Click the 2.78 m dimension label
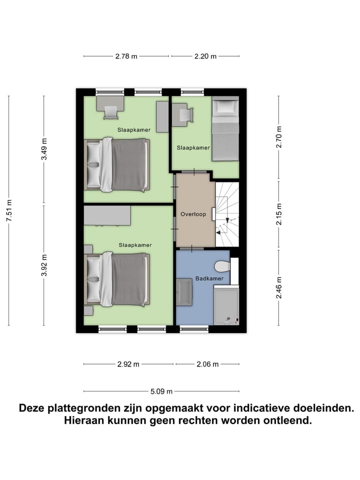pos(126,56)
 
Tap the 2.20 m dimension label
pos(205,56)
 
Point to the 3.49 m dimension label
pos(44,149)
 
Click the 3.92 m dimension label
pos(44,265)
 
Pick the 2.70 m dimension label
pos(279,136)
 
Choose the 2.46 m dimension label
pos(279,287)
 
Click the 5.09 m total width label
pos(162,391)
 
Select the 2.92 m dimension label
pos(128,364)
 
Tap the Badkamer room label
pos(206,278)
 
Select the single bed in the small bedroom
pos(225,128)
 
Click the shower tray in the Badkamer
pos(226,305)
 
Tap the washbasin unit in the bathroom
pos(184,291)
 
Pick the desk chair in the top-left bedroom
pos(111,113)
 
